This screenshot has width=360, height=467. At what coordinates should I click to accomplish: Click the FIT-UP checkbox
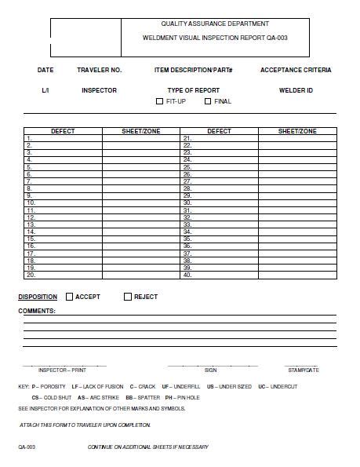(160, 101)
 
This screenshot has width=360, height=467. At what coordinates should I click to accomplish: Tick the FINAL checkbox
(208, 101)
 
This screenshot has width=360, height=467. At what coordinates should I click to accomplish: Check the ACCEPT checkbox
(70, 297)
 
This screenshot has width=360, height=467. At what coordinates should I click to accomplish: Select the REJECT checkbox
(128, 297)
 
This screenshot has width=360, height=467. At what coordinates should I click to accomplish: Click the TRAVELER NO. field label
(99, 71)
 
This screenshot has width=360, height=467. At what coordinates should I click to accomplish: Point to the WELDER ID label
(296, 90)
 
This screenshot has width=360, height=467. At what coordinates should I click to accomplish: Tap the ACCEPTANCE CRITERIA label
(295, 71)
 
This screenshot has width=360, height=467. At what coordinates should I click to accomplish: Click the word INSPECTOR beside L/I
(99, 90)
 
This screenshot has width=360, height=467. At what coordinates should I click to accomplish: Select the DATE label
(45, 71)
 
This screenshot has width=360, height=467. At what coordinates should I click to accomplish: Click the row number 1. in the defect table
(29, 138)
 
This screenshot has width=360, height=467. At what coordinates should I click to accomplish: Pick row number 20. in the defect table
(31, 275)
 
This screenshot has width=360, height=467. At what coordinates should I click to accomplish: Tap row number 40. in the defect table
(187, 275)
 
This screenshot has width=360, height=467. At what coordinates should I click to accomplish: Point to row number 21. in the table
(187, 138)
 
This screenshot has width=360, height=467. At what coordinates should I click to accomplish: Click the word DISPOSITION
(38, 297)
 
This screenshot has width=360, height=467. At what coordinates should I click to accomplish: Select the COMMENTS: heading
(37, 311)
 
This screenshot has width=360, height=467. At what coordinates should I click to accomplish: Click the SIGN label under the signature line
(210, 369)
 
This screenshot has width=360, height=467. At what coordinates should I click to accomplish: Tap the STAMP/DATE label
(303, 369)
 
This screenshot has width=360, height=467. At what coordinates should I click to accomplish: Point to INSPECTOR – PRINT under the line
(63, 369)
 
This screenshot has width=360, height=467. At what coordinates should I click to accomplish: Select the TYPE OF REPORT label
(193, 90)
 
